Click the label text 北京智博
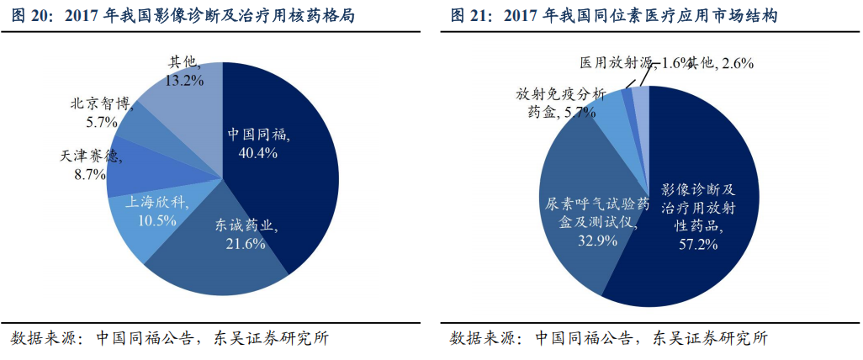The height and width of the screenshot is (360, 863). point(102,105)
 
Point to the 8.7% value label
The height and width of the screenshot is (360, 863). point(89,174)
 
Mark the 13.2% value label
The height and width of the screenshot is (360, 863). point(184,81)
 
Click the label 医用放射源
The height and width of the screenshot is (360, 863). point(617,63)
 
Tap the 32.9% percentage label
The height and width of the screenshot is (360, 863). point(596,240)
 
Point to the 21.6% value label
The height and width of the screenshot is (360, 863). point(244,244)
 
